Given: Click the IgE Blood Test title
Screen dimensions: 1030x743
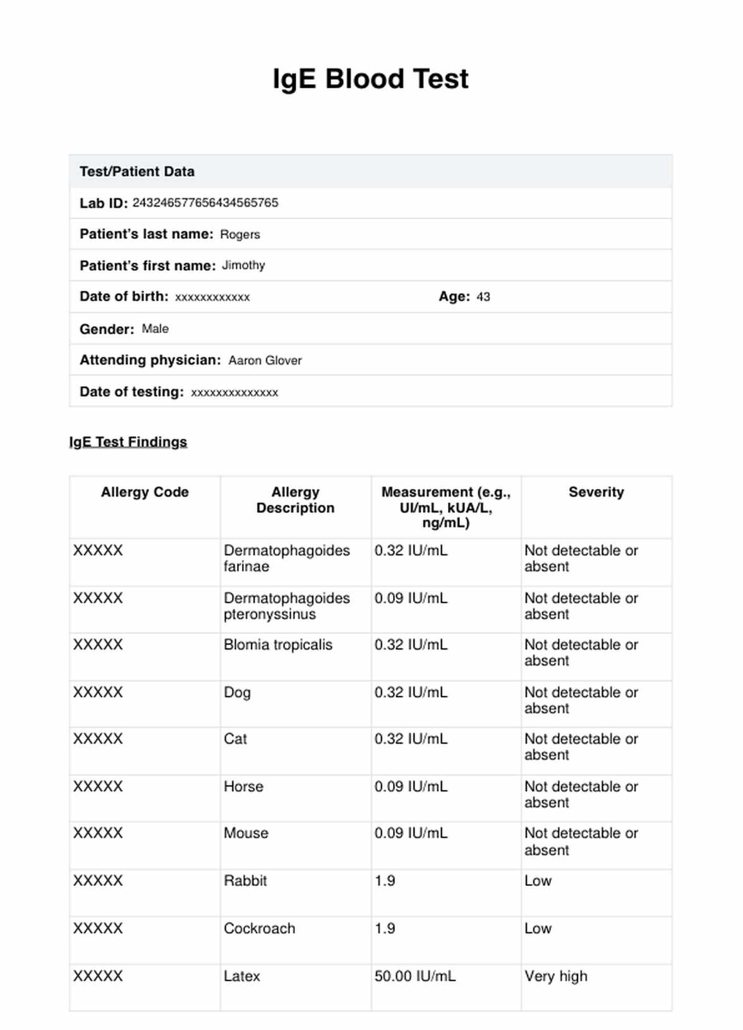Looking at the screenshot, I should tap(370, 80).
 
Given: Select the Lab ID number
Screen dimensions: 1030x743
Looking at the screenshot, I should tap(205, 203).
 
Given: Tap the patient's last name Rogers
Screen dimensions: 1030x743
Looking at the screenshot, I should tap(239, 234).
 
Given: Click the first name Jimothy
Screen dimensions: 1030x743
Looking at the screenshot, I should tap(243, 265).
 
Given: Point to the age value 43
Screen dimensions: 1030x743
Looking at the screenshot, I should tap(483, 297).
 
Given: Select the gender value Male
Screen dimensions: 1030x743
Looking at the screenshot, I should tap(155, 329).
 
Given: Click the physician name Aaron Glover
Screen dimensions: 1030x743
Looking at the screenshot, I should tap(265, 360).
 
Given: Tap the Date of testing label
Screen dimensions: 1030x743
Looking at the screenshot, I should tap(131, 392).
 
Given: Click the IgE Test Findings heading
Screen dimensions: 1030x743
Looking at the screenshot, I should tap(128, 442).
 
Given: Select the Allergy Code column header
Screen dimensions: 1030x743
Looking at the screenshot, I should tap(145, 492).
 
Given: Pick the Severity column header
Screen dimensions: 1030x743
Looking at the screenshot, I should tap(596, 492).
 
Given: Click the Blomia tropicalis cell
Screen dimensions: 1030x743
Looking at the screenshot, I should tap(277, 645).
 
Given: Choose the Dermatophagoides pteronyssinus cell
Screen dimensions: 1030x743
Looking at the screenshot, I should tap(286, 606).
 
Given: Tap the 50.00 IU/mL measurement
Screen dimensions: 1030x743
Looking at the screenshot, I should tap(414, 976).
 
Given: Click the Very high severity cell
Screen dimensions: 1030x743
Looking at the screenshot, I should tap(555, 976).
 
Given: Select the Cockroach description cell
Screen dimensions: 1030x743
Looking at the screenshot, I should tap(259, 928).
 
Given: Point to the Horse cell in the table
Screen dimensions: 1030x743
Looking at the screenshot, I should tap(243, 786).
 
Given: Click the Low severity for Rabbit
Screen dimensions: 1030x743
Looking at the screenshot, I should tap(538, 881).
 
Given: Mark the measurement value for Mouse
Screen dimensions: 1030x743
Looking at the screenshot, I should tap(411, 833).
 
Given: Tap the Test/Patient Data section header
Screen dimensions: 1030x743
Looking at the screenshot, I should tap(137, 172).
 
